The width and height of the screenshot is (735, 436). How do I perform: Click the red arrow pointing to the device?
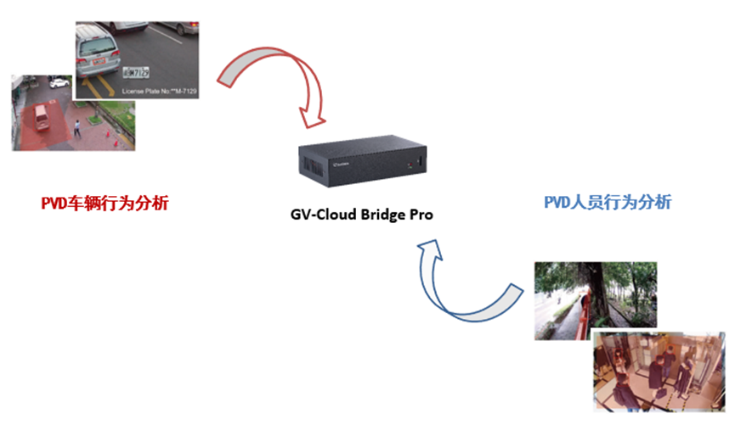pyautogui.click(x=280, y=76)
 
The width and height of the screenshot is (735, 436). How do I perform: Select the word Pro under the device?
pyautogui.click(x=419, y=215)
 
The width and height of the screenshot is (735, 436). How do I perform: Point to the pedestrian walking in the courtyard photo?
pyautogui.click(x=77, y=129)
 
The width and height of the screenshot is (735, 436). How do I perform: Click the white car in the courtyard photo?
pyautogui.click(x=59, y=82)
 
